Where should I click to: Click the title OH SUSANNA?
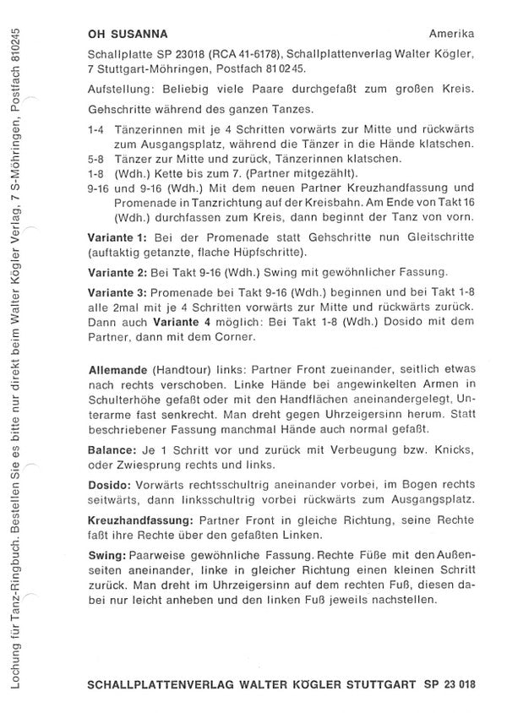coord(127,35)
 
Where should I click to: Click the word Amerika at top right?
coord(451,35)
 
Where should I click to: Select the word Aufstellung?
coord(120,90)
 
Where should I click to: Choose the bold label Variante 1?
coord(117,239)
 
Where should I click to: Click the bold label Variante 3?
coord(117,292)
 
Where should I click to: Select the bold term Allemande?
coord(119,373)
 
